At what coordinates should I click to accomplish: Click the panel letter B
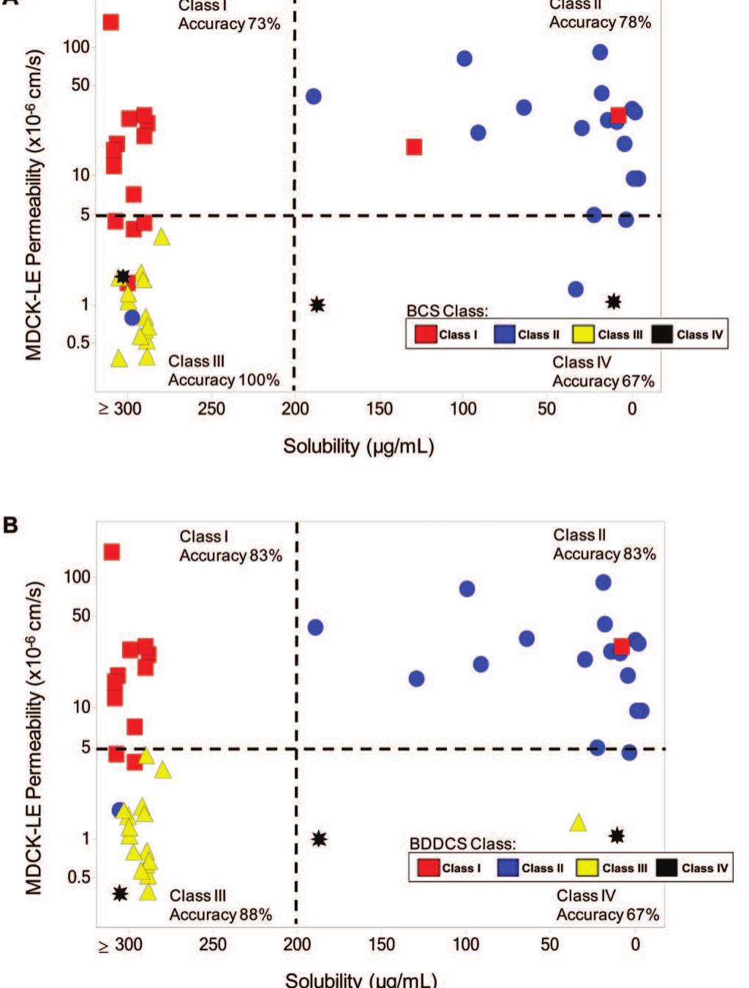[10, 524]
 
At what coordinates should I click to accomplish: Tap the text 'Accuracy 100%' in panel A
[223, 380]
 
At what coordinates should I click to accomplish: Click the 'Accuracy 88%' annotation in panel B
[220, 915]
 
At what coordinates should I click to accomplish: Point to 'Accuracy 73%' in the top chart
[229, 24]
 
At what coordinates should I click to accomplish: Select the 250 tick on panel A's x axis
[211, 408]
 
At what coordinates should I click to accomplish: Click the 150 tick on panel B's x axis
[381, 944]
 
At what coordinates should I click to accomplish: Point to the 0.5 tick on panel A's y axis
[78, 342]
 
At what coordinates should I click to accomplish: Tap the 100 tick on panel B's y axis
[77, 577]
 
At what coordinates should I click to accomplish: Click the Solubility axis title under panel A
[358, 446]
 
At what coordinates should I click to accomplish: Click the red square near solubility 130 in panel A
[414, 147]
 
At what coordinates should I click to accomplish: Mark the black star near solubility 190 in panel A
[317, 304]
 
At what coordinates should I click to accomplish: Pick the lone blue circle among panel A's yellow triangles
[132, 317]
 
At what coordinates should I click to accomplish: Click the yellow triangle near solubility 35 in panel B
[578, 823]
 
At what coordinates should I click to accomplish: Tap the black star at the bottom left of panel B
[120, 893]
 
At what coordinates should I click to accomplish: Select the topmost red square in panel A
[110, 22]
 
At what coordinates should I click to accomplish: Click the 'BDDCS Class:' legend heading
[462, 844]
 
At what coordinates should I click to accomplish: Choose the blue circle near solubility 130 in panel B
[416, 679]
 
